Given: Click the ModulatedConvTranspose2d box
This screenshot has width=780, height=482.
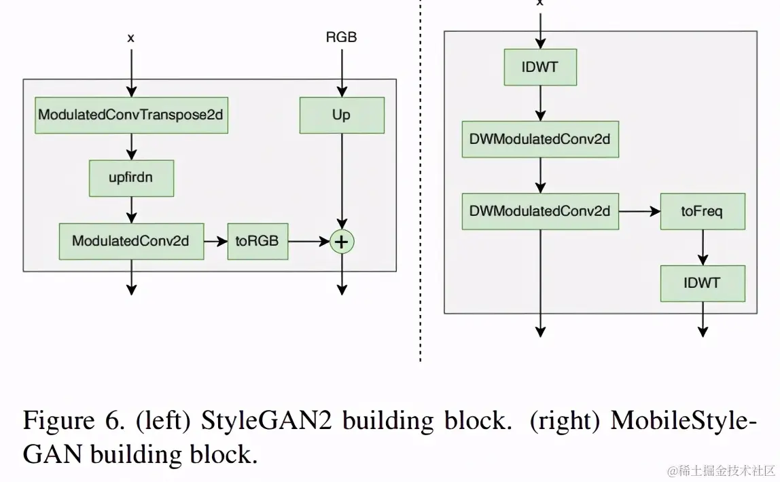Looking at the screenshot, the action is tap(131, 115).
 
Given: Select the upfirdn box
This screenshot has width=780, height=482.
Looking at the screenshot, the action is tap(131, 178).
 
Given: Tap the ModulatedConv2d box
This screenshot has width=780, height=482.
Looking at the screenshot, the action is tap(131, 242).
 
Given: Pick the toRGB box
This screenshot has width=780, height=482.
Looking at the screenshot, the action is tap(258, 242).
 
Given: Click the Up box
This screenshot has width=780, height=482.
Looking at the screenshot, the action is tap(342, 115).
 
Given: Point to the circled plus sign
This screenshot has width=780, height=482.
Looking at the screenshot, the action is tap(342, 242).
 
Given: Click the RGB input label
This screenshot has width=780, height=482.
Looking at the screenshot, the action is tap(341, 37).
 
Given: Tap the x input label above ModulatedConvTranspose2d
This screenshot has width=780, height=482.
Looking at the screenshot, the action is tap(131, 38).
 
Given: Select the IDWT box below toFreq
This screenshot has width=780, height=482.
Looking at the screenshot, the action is tap(703, 283).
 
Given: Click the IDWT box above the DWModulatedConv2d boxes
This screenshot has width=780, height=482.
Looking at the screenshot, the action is tap(540, 67).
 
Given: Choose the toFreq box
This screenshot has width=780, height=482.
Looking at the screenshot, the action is tap(703, 212).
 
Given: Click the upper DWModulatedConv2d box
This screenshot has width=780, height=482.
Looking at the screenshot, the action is tap(540, 139).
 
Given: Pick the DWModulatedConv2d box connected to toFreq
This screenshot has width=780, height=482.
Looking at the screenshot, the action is tap(540, 212).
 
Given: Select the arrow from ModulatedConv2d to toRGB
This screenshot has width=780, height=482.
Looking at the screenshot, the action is tap(216, 242).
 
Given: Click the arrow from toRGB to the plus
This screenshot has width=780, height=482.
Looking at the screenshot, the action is tap(309, 242).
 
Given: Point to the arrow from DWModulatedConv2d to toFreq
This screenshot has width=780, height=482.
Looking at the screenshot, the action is tap(640, 212).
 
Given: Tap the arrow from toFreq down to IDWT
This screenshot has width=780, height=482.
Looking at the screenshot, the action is tap(703, 248).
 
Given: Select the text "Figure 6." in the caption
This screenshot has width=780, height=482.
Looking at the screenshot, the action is tap(73, 421).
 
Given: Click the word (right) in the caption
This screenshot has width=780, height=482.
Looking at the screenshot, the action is tap(565, 422).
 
